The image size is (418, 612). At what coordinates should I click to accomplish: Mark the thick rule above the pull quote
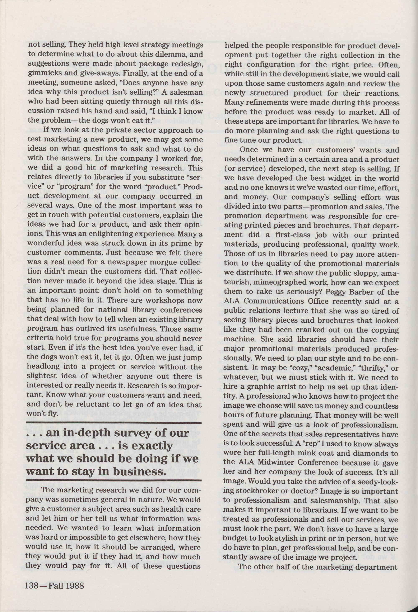[114, 423]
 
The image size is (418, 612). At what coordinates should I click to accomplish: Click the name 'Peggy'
[336, 292]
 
